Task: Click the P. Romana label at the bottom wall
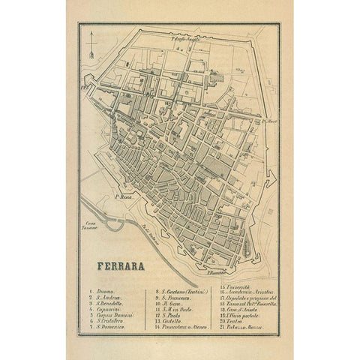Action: point(219,274)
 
